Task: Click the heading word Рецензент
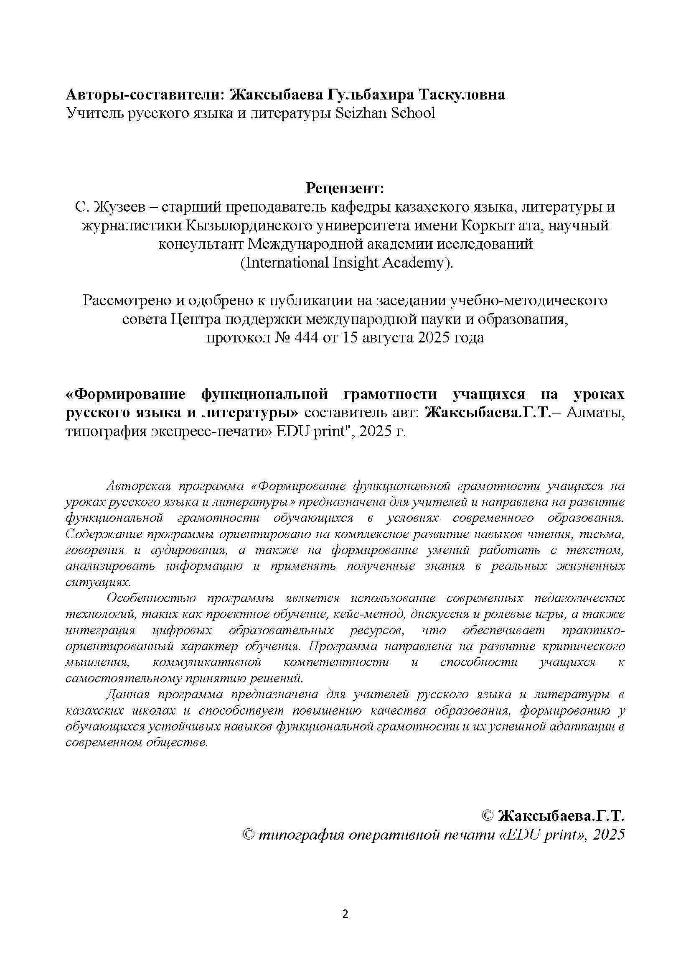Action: tap(345, 188)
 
